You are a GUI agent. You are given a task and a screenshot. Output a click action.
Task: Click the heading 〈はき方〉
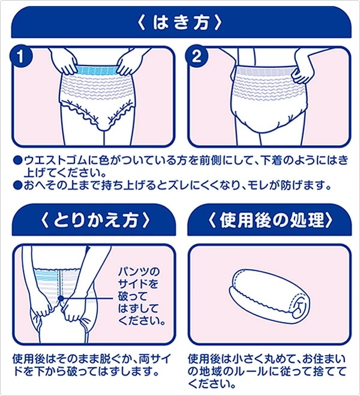coord(179,23)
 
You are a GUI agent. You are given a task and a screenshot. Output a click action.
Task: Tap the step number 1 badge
coord(23,59)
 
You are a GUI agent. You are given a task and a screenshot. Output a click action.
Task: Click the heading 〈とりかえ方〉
coord(92,218)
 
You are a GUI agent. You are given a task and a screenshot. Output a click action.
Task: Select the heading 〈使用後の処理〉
coord(268,218)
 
